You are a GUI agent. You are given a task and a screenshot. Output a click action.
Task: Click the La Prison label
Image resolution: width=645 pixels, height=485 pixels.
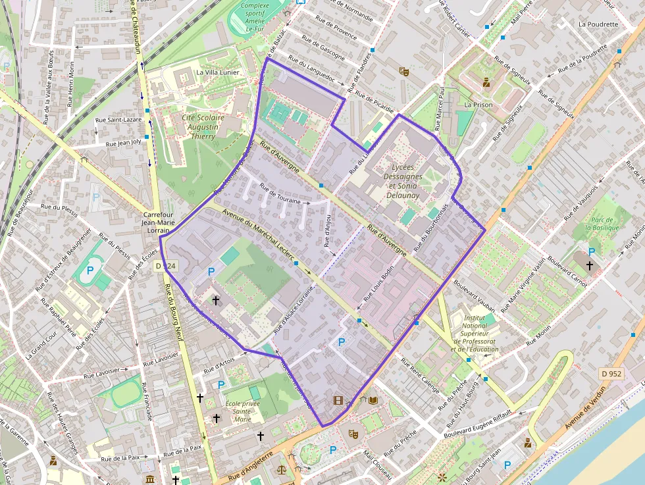coord(478,105)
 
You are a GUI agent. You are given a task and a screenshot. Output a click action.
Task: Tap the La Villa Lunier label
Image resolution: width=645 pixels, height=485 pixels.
coord(219,72)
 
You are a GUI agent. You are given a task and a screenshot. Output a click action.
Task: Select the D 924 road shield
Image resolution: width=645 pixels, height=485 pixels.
coord(166,266)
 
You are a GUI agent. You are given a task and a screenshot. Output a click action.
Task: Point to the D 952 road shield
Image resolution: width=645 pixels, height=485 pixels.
coord(611,374)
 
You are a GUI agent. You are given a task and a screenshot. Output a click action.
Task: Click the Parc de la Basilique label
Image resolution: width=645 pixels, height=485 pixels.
coord(596,224)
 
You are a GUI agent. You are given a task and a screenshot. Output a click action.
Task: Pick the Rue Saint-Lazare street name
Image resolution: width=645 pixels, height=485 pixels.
coord(118,120)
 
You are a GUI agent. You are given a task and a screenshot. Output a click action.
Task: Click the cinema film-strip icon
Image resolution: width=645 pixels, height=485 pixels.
coord(338,400)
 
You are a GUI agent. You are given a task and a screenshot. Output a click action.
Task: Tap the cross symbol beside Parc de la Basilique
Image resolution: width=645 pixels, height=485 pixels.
coord(589,265)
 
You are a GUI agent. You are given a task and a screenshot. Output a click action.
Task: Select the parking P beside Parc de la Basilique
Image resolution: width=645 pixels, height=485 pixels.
coord(592,251)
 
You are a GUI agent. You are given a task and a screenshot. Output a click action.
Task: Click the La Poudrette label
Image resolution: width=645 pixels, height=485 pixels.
coord(598,24)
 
